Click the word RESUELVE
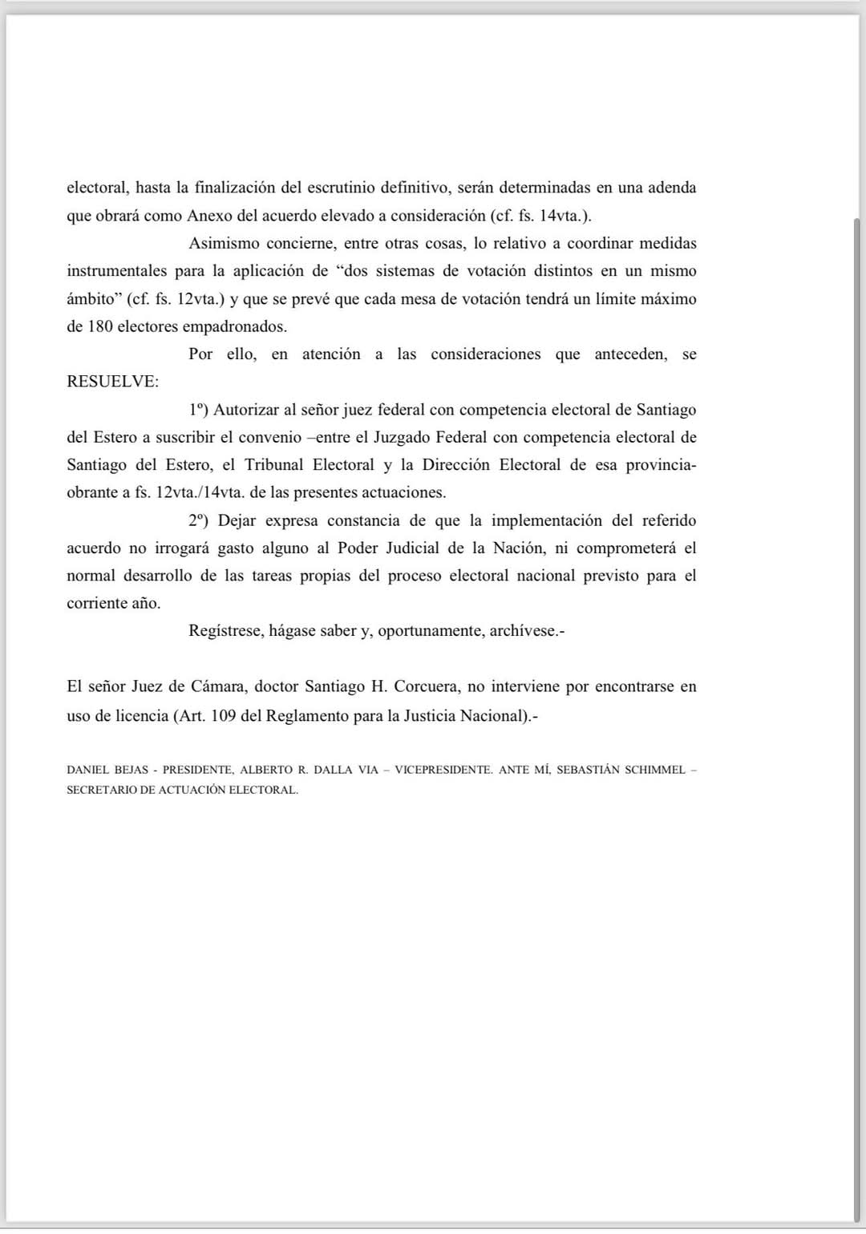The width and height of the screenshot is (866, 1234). point(112,382)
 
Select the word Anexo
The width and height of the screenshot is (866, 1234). point(209,216)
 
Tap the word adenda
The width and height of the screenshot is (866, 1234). point(672,188)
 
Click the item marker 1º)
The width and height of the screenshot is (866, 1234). point(198,410)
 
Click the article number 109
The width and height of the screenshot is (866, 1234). point(223,715)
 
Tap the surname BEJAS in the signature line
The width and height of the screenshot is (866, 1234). point(132,770)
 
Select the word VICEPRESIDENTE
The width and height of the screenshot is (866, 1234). point(443,770)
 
